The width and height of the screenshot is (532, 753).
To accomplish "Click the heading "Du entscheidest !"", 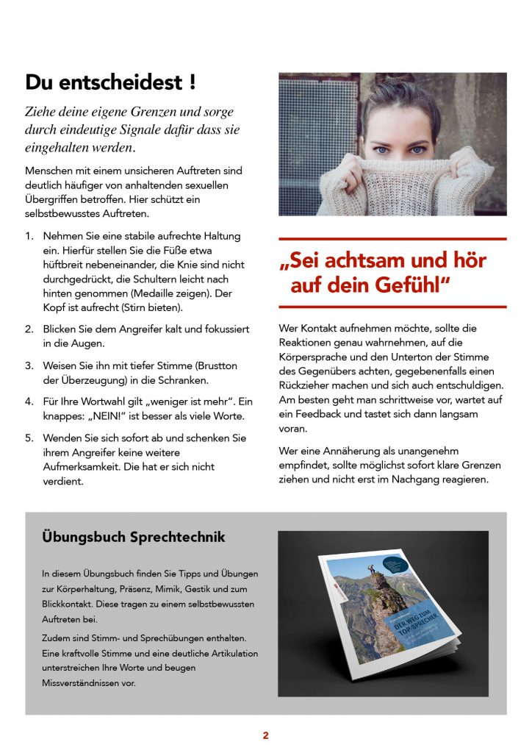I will click(x=110, y=82).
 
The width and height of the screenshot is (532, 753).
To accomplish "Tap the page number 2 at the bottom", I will click(x=266, y=735).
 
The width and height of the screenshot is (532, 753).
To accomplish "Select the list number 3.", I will click(x=29, y=365).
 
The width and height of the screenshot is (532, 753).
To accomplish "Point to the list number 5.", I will click(x=29, y=438).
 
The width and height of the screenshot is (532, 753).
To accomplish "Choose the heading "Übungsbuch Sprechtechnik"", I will click(x=133, y=538).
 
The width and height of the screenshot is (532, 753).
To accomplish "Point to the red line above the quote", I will click(x=392, y=239).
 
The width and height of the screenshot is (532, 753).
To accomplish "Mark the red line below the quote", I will click(x=392, y=306).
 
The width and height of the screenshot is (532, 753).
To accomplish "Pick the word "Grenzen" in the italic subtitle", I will click(x=172, y=113).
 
